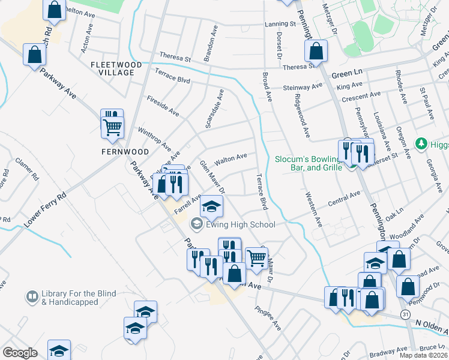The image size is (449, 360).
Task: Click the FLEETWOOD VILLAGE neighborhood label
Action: click(x=116, y=68)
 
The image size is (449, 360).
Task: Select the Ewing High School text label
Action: click(x=240, y=225)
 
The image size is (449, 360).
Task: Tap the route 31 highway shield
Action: click(x=406, y=314)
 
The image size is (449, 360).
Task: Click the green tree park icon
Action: click(x=422, y=144)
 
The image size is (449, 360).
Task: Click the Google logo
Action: click(x=20, y=353)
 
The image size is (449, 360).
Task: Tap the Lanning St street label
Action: click(x=280, y=25)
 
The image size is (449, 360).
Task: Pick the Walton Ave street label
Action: click(x=231, y=157)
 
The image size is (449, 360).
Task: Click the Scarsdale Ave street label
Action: click(x=214, y=109)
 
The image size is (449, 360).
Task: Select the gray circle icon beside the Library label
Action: click(x=31, y=296)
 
